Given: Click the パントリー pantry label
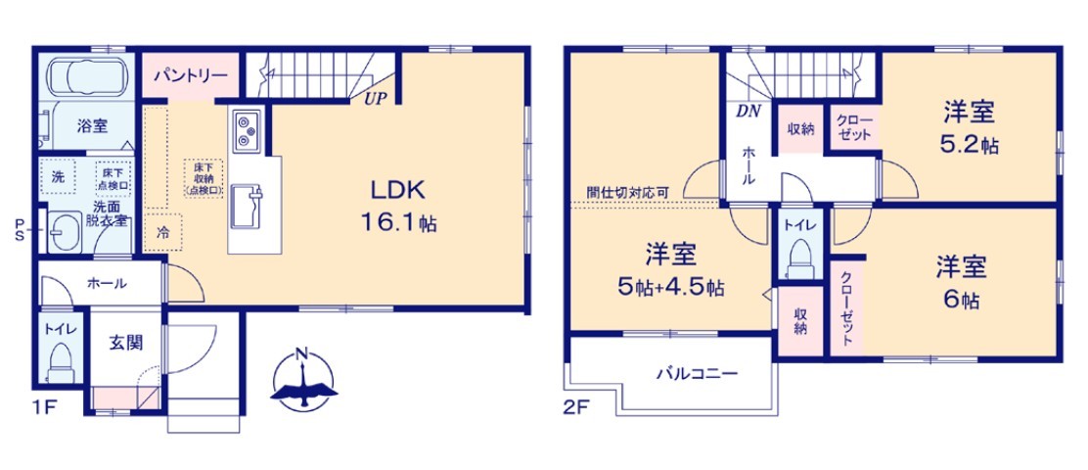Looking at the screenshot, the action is click(190, 73).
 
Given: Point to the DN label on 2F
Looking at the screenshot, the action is click(748, 111).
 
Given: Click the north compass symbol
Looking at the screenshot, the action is click(303, 381).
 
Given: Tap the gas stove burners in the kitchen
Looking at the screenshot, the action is click(247, 130).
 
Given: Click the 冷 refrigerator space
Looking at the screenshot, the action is click(163, 232).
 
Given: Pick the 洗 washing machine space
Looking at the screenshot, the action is click(59, 178).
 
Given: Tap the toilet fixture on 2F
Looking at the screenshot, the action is click(801, 258).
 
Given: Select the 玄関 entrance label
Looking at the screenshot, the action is click(125, 343).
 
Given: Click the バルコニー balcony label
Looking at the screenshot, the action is click(697, 373).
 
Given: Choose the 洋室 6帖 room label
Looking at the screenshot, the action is click(961, 283).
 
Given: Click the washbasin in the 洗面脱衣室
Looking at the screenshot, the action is click(66, 233).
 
